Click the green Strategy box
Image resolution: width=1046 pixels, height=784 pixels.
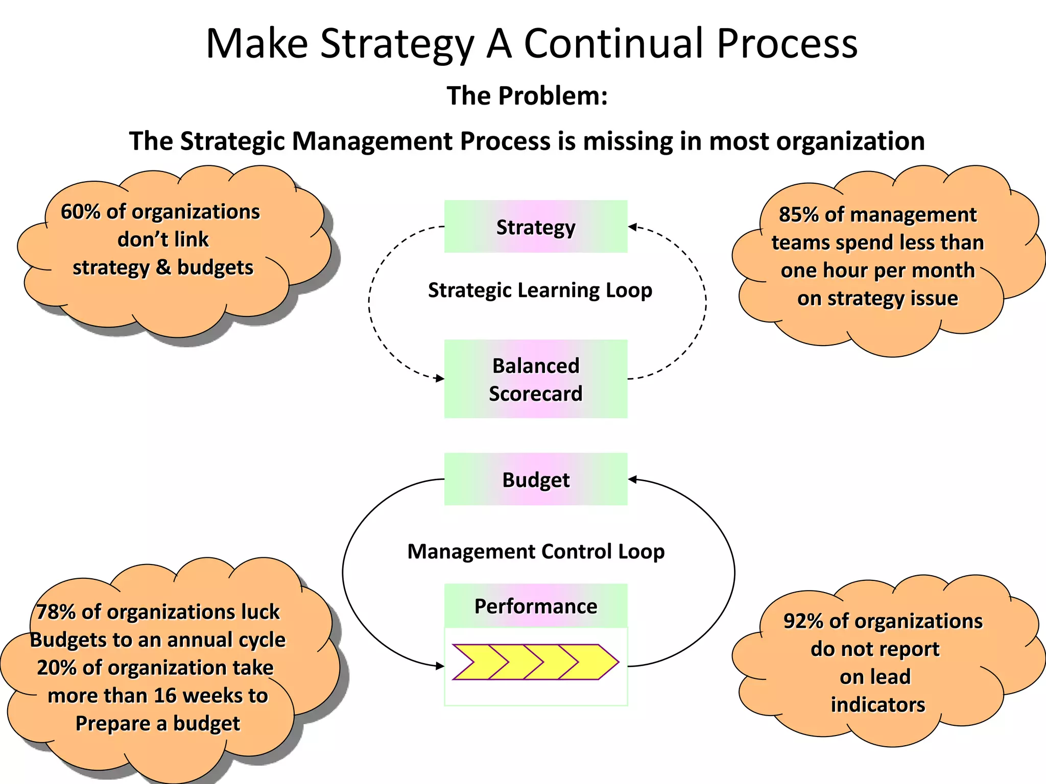tap(536, 227)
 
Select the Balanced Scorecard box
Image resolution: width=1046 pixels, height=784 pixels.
tap(536, 379)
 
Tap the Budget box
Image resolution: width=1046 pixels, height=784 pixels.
tap(536, 479)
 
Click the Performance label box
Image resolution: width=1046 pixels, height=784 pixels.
tap(536, 606)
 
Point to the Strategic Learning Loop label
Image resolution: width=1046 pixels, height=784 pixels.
tap(540, 290)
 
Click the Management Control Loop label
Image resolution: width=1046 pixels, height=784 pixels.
tap(536, 551)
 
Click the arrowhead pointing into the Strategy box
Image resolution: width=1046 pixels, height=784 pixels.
tap(632, 227)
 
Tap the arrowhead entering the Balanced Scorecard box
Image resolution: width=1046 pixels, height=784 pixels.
tap(440, 378)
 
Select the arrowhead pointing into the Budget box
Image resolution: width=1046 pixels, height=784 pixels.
tap(632, 479)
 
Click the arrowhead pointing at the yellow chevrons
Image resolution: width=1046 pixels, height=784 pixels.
tap(440, 666)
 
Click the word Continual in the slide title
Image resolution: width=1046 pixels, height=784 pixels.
tap(615, 44)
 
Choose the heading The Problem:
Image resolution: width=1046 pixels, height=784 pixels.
tap(527, 96)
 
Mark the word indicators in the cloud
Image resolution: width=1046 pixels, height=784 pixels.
tap(877, 705)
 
